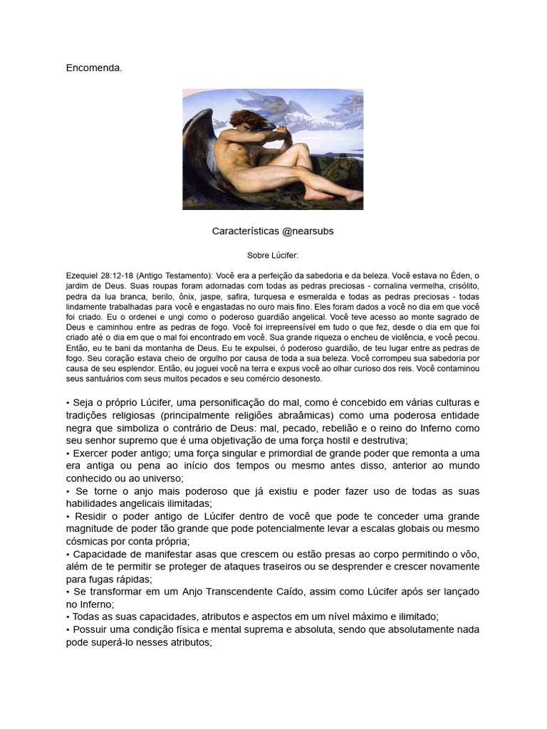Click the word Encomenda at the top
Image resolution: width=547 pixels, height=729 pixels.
point(94,68)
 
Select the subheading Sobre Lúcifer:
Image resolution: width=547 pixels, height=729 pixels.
point(273,255)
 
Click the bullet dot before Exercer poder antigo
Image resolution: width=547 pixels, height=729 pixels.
point(68,453)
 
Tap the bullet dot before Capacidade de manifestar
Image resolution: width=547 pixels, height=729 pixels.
point(68,554)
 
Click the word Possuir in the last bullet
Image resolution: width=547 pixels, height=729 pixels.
point(90,629)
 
